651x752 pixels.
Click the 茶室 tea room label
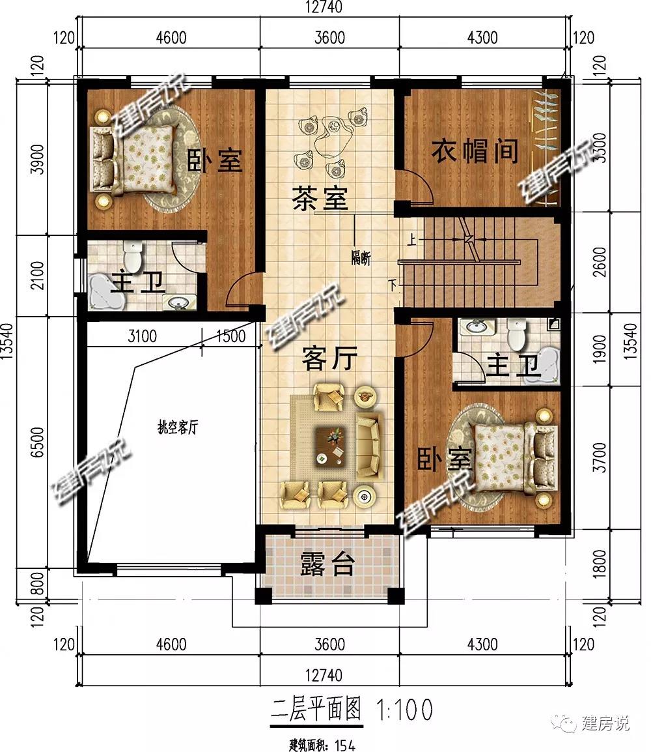click(320, 198)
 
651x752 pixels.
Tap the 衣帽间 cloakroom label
click(474, 151)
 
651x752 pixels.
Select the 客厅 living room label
click(329, 358)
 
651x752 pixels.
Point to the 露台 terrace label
click(327, 564)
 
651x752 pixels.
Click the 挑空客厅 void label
click(178, 427)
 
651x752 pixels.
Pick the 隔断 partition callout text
click(361, 259)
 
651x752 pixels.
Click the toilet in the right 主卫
click(516, 334)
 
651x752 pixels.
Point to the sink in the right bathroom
click(477, 327)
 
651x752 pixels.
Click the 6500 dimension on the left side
click(37, 441)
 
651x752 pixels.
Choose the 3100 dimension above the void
click(143, 336)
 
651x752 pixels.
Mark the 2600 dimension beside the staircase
click(600, 262)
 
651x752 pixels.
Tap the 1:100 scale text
click(405, 710)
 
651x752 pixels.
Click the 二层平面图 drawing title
click(316, 709)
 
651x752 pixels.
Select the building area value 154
click(345, 745)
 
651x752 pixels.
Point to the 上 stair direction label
click(411, 239)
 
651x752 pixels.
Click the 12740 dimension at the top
click(324, 7)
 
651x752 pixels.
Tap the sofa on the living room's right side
click(368, 448)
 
